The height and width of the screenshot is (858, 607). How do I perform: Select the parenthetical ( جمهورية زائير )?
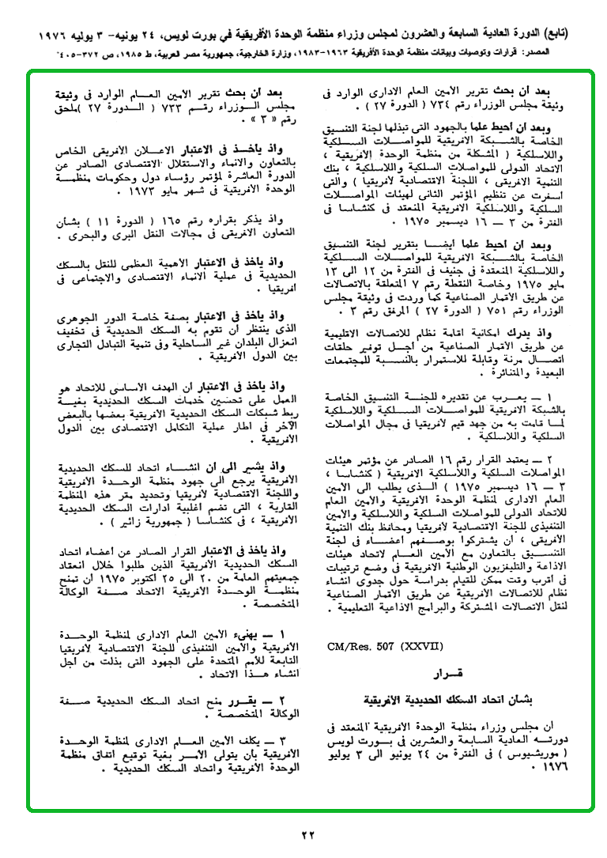[x=123, y=523]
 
